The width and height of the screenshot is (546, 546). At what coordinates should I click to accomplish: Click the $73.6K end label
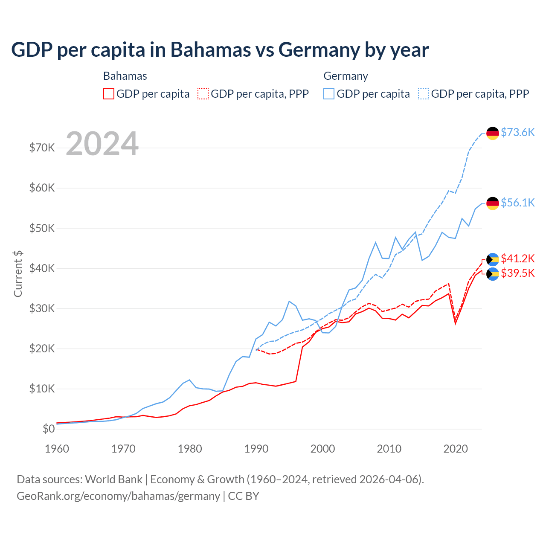pos(517,133)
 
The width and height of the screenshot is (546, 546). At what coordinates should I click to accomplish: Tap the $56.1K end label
pos(517,203)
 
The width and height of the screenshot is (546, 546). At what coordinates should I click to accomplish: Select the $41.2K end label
pos(517,258)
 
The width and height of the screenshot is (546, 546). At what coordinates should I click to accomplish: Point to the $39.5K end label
pos(517,273)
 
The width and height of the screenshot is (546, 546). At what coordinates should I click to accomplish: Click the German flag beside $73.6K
pos(493,133)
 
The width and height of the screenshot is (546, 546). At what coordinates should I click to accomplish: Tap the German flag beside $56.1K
pos(493,203)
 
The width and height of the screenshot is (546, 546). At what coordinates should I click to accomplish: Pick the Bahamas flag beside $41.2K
pos(493,259)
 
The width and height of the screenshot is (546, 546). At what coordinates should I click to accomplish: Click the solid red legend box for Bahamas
pos(109,94)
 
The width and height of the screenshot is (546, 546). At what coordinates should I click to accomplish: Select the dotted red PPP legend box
pos(203,94)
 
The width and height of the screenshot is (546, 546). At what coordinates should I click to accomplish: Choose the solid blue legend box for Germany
pos(329,94)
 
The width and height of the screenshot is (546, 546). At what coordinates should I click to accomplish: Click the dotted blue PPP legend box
pos(424,94)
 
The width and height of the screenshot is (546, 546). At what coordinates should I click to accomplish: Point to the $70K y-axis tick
pos(42,148)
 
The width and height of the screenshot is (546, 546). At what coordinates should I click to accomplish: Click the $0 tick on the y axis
pos(49,429)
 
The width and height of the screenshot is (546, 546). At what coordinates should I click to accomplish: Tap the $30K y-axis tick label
pos(42,308)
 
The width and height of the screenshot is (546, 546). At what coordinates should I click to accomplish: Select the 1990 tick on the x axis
pos(256,449)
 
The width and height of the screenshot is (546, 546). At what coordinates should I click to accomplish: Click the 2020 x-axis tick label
pos(456,449)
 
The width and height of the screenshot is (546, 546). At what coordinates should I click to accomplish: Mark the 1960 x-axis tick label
pos(57,449)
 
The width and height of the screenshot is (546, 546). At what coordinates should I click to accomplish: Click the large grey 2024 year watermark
pos(102,144)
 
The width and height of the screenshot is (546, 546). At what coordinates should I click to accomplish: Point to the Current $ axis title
pos(18,274)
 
